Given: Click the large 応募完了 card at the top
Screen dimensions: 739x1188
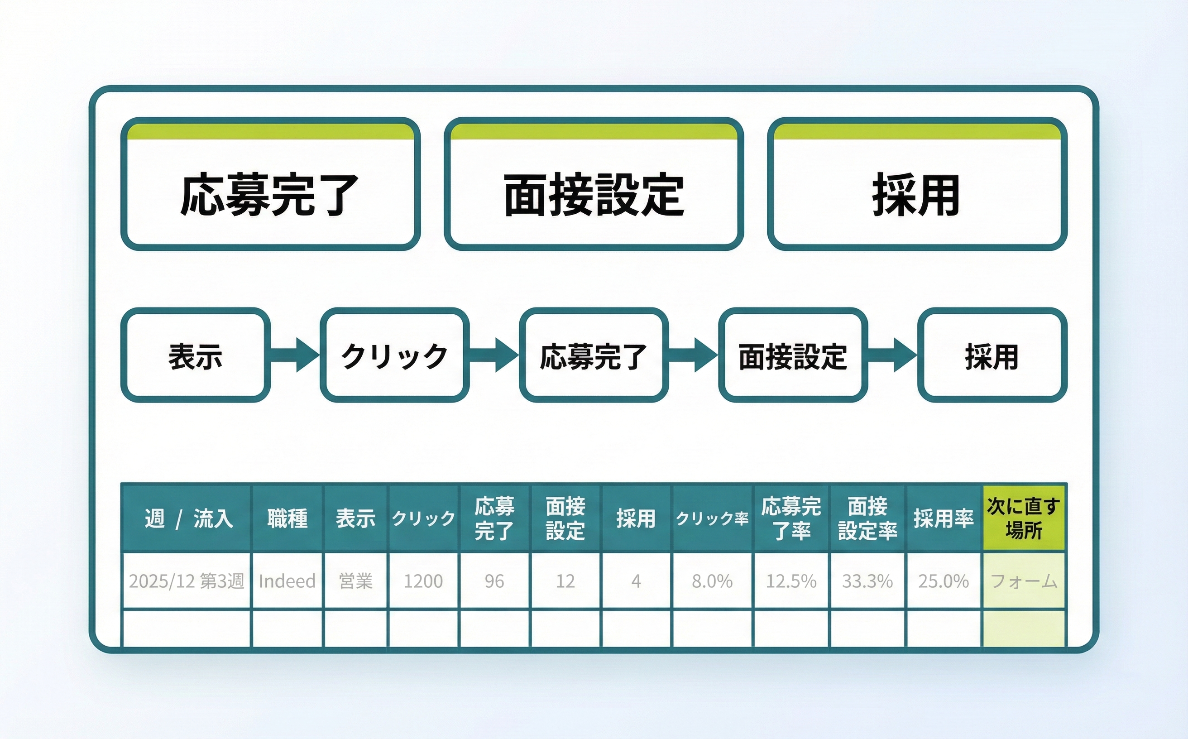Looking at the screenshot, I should pos(270,184).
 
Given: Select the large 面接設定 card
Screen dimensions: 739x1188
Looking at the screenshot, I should pos(593,184).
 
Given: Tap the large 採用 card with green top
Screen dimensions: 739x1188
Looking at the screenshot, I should pos(917,184).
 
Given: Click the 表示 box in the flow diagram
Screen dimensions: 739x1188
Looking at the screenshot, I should pos(195,355).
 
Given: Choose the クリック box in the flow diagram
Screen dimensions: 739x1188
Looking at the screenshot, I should pos(394,355).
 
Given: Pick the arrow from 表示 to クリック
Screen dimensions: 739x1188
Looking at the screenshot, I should pos(295,355).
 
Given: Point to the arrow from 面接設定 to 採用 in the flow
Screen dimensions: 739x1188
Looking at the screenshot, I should pos(892,355).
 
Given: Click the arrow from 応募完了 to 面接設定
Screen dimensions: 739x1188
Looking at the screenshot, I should pos(693,355).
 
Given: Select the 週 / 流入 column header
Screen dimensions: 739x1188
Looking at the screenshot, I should pos(187,518).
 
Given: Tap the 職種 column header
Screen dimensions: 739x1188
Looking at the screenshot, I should pos(287,518).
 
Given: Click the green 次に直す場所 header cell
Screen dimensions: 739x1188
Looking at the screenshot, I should pos(1023,518).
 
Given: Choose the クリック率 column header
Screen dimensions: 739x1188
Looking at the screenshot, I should pos(712,518).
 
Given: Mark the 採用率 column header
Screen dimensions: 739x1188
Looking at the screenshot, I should pos(943,518).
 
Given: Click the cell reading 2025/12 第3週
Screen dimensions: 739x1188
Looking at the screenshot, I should pos(187,581).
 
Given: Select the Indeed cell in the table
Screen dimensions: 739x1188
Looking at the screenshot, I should pos(287,581).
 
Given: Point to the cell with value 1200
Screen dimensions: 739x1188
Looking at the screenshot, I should pos(423,581).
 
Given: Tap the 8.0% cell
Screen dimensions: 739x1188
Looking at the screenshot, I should pos(712,581).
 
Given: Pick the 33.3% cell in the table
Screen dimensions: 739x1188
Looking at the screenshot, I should pos(867,581).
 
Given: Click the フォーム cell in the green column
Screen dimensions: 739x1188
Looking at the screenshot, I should pos(1023,581).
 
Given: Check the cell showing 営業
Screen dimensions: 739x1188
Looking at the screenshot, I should pos(355,581).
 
